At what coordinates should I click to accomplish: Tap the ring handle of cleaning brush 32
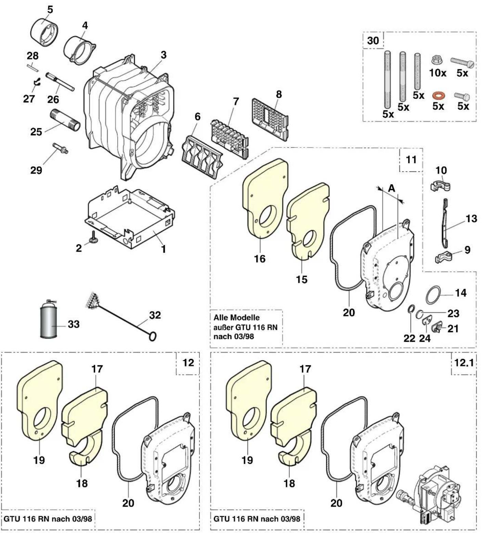pos(153,337)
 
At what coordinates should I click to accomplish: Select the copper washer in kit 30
pos(438,95)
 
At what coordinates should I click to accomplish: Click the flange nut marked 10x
pos(437,60)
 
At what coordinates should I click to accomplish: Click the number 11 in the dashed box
pos(411,160)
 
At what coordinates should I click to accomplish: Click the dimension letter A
pos(392,188)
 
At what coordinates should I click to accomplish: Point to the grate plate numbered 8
pos(270,120)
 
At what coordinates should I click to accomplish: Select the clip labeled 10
pos(440,185)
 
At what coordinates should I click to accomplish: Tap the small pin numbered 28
pos(33,67)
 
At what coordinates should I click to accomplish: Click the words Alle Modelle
pos(236,317)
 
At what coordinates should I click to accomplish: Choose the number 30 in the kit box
pos(373,40)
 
